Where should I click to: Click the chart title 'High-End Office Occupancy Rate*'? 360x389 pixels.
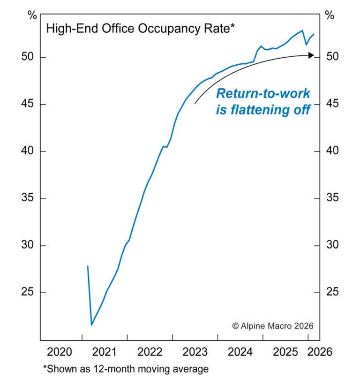pos(140,29)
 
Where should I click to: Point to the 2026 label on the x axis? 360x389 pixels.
pos(320,352)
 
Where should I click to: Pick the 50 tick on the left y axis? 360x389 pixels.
pos(29,57)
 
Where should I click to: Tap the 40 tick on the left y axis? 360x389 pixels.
pos(29,151)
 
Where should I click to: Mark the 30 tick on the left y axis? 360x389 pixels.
pos(29,245)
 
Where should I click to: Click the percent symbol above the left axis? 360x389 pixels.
pos(32,15)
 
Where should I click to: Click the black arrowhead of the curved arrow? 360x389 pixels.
pos(311,55)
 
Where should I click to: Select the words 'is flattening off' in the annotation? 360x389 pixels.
pos(262,110)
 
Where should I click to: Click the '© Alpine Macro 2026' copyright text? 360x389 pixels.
pos(272,326)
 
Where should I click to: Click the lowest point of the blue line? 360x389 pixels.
pos(92,325)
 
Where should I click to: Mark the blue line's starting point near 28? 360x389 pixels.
pos(88,266)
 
